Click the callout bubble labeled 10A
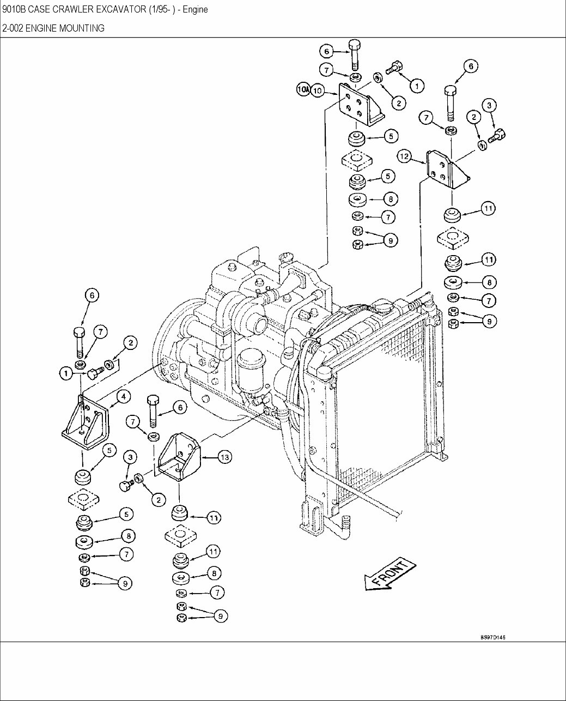click(x=303, y=89)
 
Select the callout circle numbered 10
click(x=319, y=90)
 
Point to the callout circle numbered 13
click(x=225, y=457)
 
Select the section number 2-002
click(x=13, y=28)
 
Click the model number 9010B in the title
click(x=13, y=10)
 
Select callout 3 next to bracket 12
click(x=489, y=105)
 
